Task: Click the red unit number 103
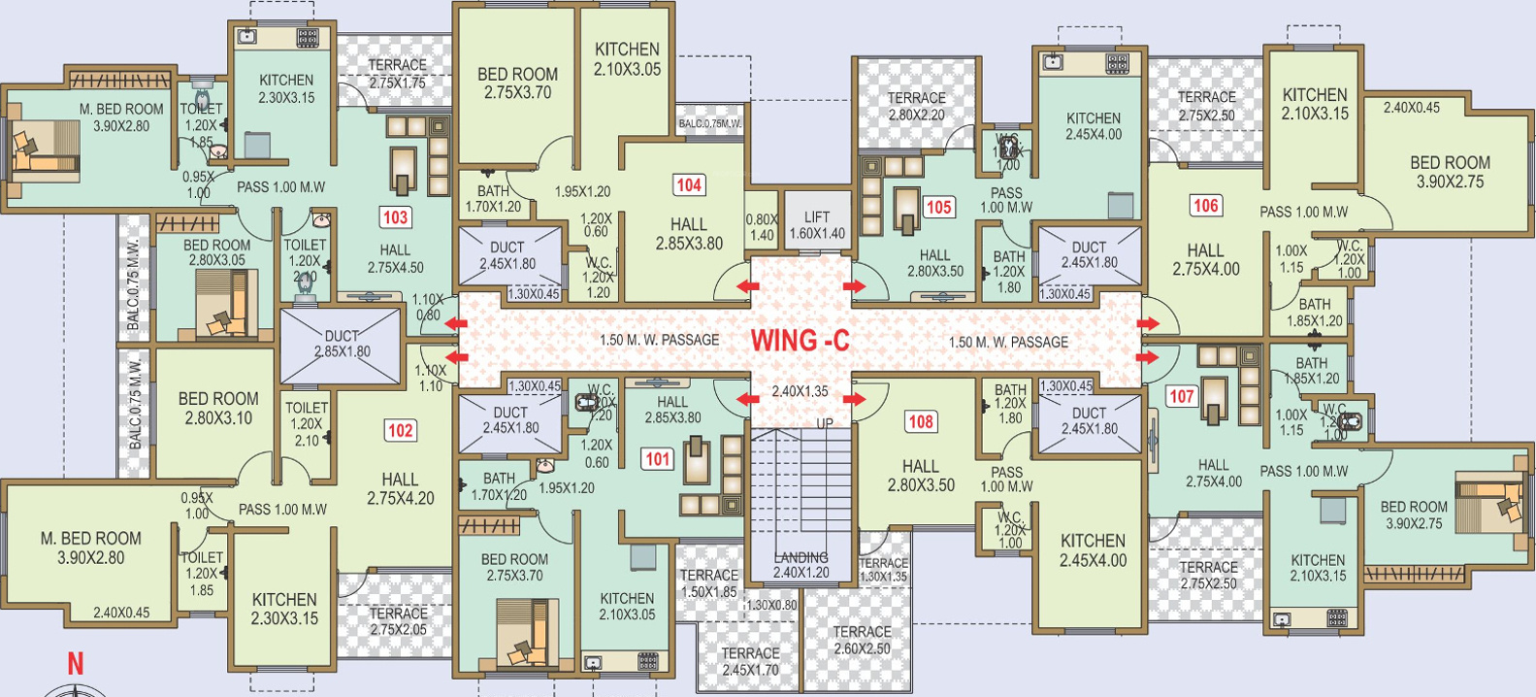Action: (x=395, y=217)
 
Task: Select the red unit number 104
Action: (x=688, y=185)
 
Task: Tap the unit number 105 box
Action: (x=938, y=207)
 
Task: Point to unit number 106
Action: (x=1205, y=205)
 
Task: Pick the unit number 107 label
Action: (x=1181, y=396)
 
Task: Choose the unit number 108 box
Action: (x=920, y=421)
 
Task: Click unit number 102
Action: (x=400, y=430)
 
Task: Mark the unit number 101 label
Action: (x=658, y=458)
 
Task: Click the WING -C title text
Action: (x=800, y=341)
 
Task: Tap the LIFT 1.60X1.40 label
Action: (x=817, y=225)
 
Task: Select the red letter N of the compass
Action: (x=75, y=664)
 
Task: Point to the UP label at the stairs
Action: (x=824, y=423)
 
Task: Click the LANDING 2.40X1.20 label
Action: (x=801, y=565)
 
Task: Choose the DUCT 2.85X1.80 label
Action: (x=342, y=344)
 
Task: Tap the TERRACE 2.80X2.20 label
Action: (x=916, y=106)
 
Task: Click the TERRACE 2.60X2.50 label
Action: (x=862, y=640)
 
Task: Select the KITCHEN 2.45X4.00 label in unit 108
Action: (x=1093, y=549)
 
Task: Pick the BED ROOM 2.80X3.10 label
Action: (x=218, y=408)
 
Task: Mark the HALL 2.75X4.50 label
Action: (x=395, y=258)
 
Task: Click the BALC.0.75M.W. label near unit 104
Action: (x=709, y=123)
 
